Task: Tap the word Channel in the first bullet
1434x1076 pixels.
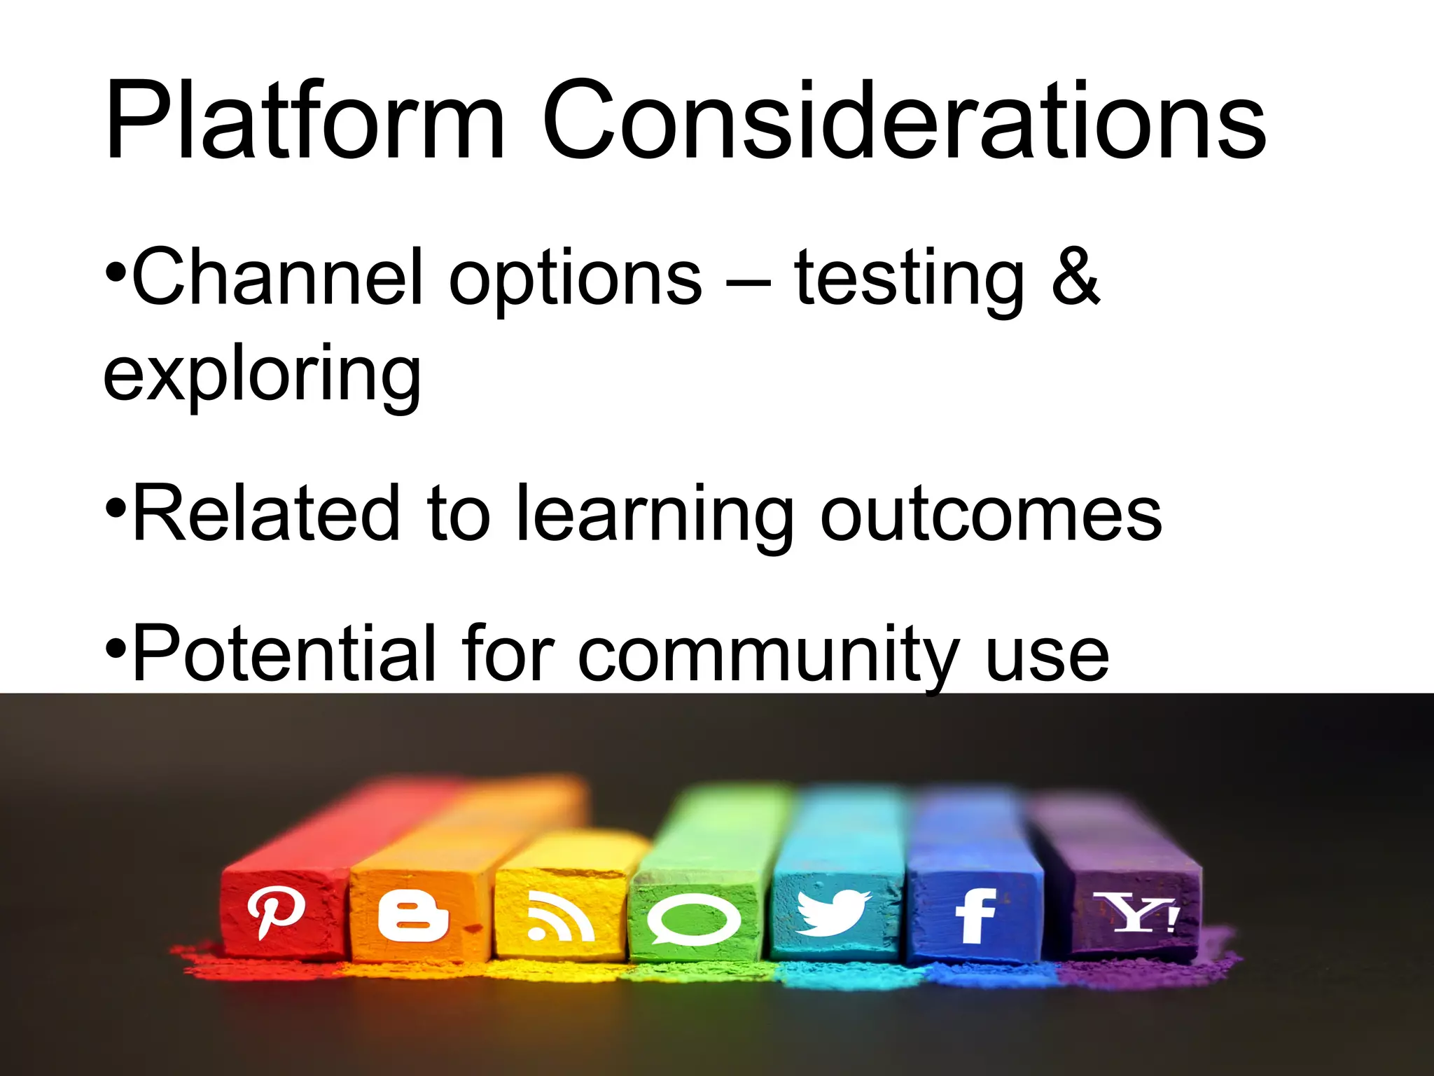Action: pyautogui.click(x=277, y=277)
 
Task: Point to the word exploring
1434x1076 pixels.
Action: pyautogui.click(x=262, y=375)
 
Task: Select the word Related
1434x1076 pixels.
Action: pyautogui.click(x=266, y=514)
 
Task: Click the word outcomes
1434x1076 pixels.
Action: pyautogui.click(x=991, y=516)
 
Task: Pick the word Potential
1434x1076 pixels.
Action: pyautogui.click(x=284, y=653)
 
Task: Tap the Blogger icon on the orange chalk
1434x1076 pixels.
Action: pyautogui.click(x=412, y=915)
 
